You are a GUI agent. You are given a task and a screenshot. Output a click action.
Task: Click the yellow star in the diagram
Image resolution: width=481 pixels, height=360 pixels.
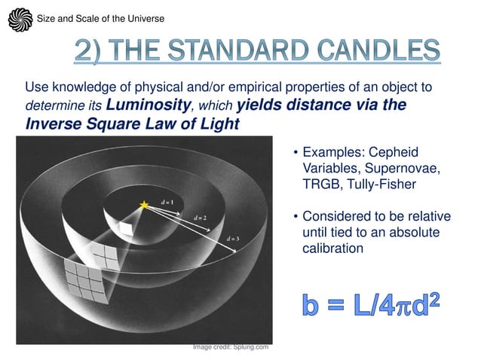click(144, 204)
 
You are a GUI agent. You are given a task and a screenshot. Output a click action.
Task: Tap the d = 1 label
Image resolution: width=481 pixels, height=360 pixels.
click(166, 203)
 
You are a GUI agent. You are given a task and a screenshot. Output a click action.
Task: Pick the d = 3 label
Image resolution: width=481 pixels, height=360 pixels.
click(234, 239)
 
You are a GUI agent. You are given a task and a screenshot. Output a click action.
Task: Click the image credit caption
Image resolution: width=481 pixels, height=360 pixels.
click(230, 346)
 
